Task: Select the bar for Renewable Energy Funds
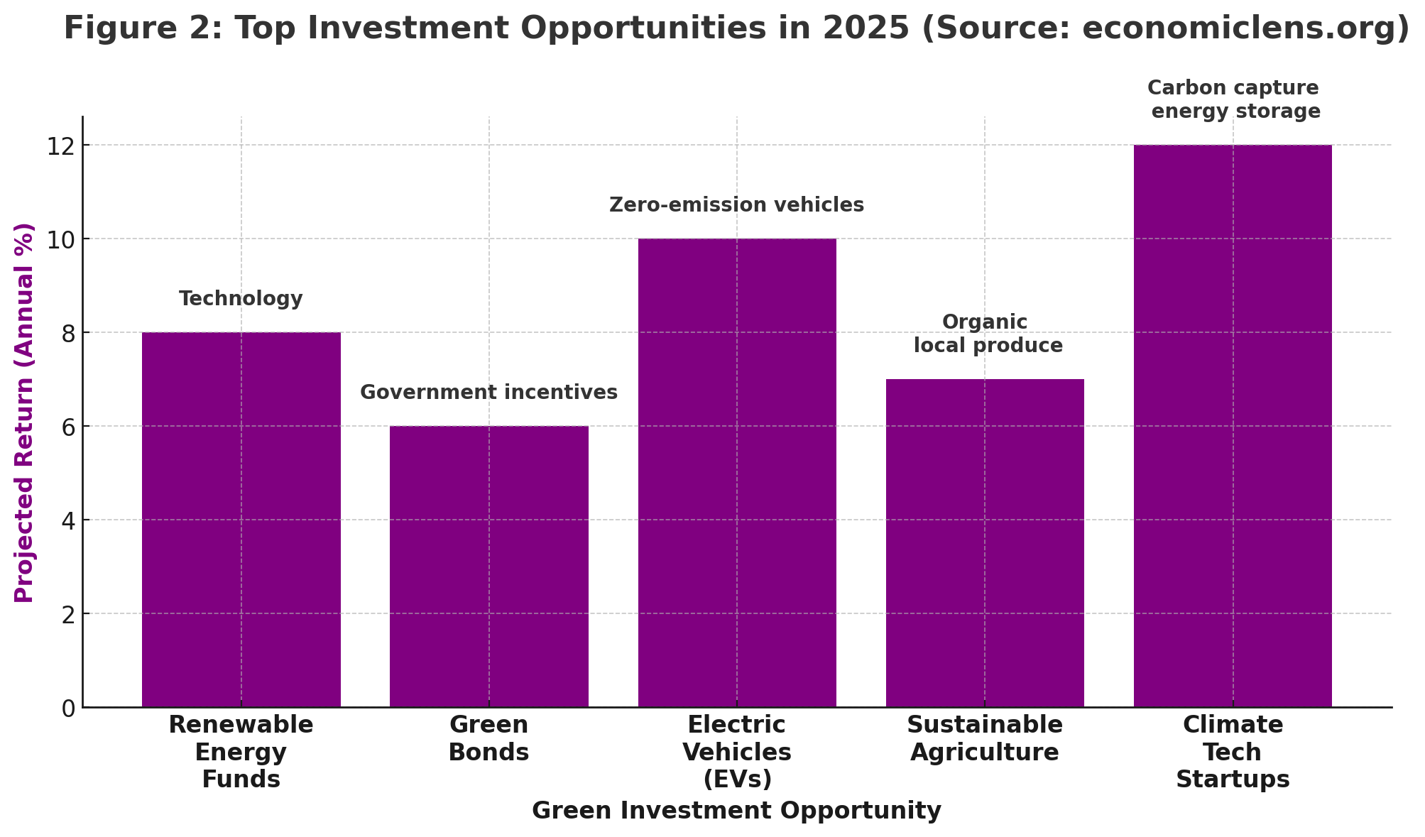coord(241,519)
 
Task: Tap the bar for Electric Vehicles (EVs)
coord(736,472)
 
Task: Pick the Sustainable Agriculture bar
coord(985,542)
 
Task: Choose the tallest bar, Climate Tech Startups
coord(1233,425)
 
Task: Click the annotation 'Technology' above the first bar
coord(241,299)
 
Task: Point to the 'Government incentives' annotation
coord(488,393)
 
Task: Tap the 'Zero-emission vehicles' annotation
coord(736,205)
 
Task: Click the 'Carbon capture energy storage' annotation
coord(1234,99)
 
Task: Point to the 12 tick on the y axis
coord(61,146)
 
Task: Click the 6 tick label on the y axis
coord(68,427)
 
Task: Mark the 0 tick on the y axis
coord(68,708)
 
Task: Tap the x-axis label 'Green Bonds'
coord(488,738)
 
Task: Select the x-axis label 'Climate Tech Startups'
coord(1233,752)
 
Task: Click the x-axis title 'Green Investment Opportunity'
coord(736,811)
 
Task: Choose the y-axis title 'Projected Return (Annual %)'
coord(25,412)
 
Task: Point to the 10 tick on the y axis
coord(61,239)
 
